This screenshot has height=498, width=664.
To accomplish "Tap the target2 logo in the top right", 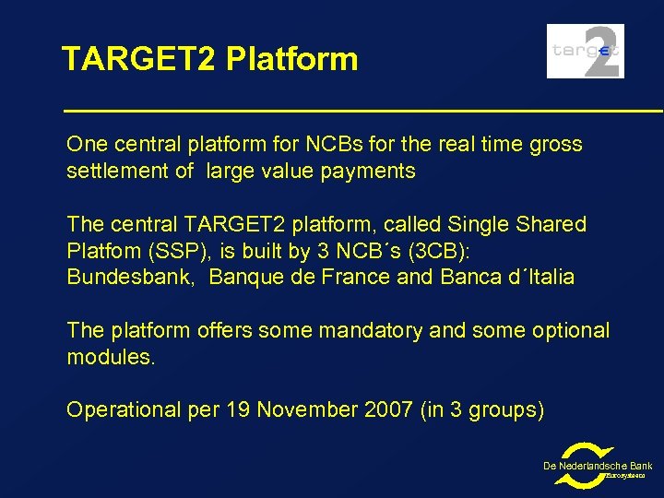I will tap(585, 52).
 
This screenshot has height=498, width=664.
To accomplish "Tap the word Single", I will tap(472, 225).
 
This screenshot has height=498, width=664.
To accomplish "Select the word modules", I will tap(111, 357).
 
